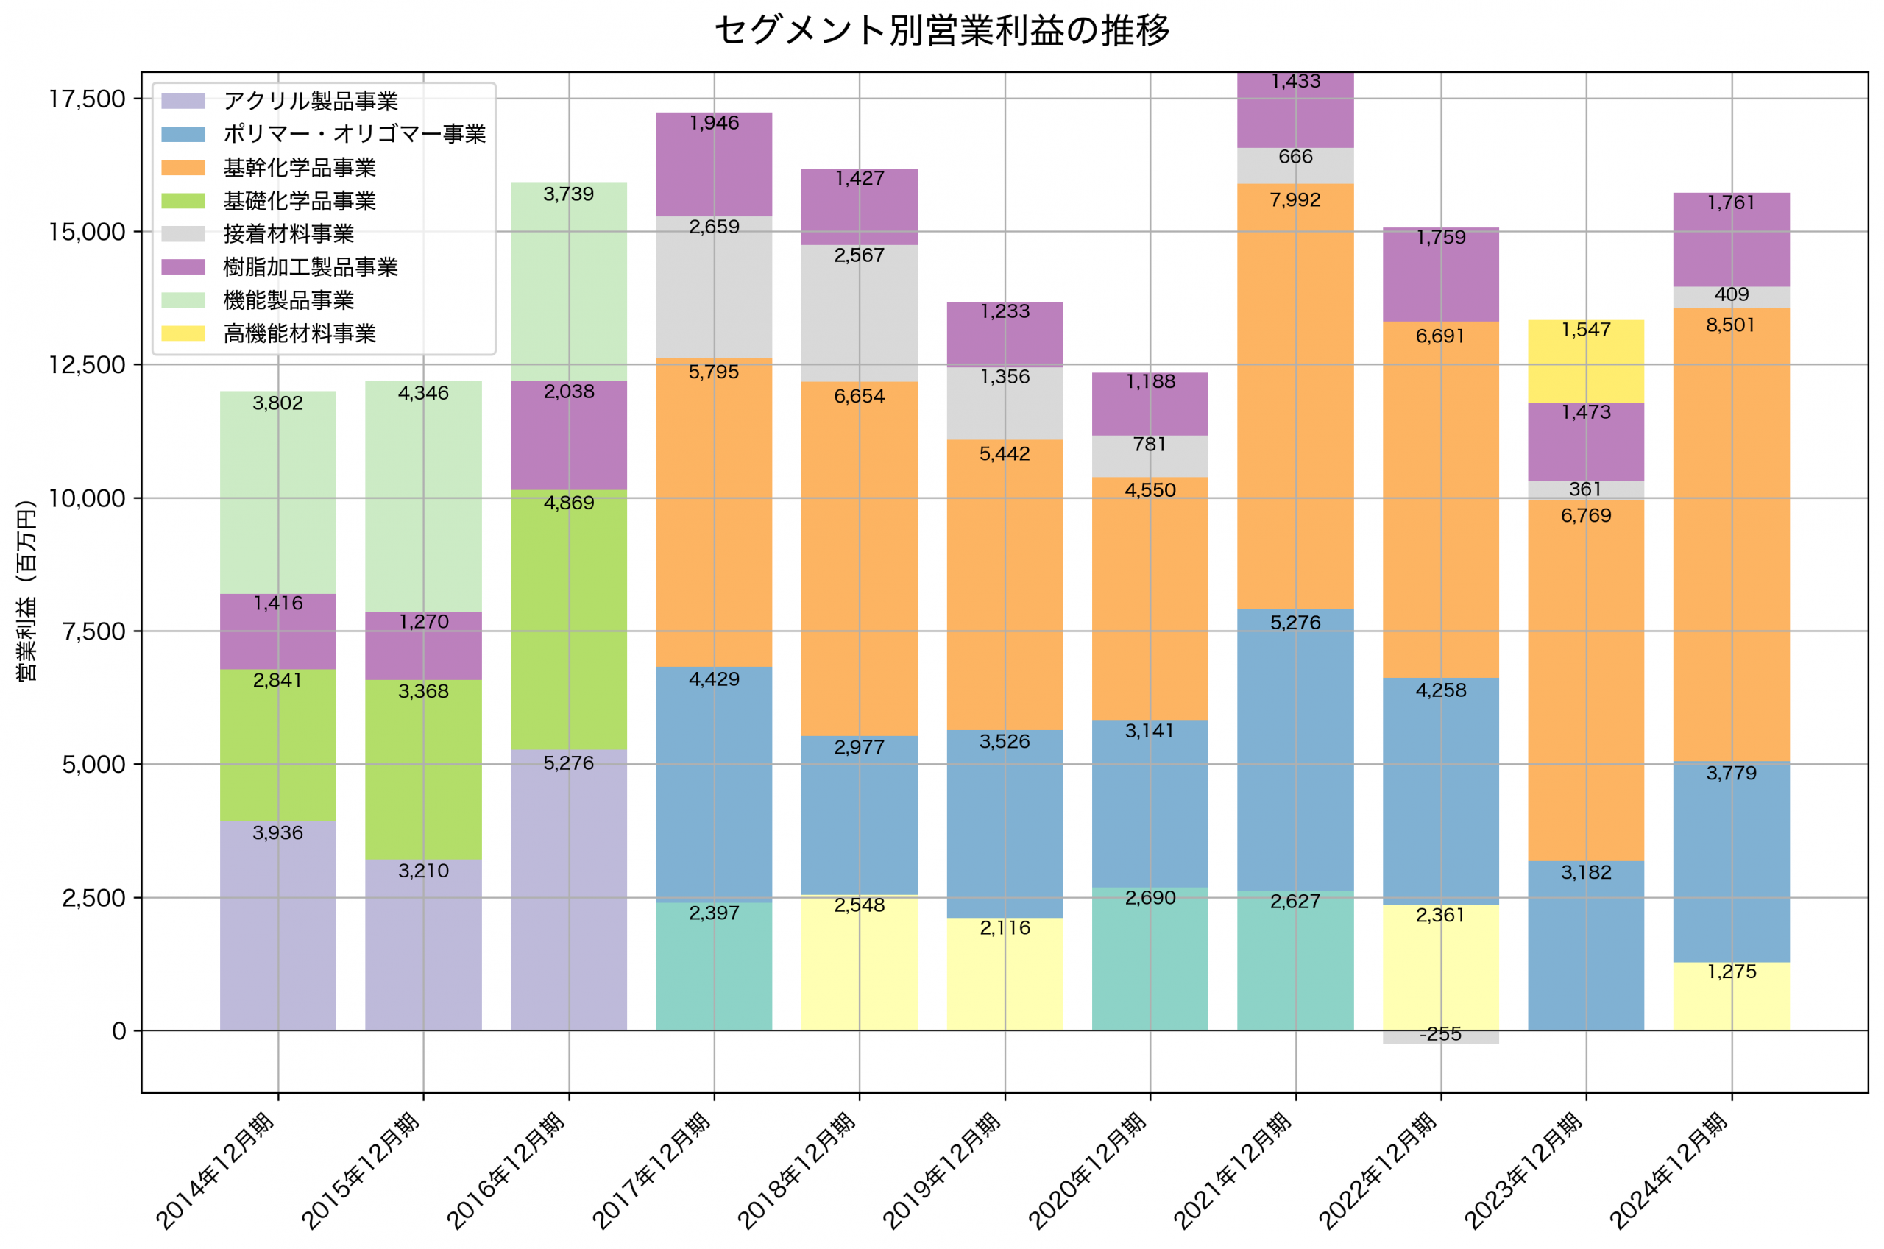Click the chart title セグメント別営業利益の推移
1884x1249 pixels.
tap(942, 30)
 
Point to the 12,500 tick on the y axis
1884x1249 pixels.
tap(87, 365)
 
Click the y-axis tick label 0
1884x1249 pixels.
tap(118, 1030)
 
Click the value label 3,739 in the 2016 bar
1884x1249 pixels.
tap(569, 194)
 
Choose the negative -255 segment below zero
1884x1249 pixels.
tap(1440, 1037)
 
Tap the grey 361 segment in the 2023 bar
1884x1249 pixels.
tap(1586, 490)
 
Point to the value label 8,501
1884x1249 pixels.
tap(1730, 325)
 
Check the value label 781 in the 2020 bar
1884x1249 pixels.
tap(1150, 445)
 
